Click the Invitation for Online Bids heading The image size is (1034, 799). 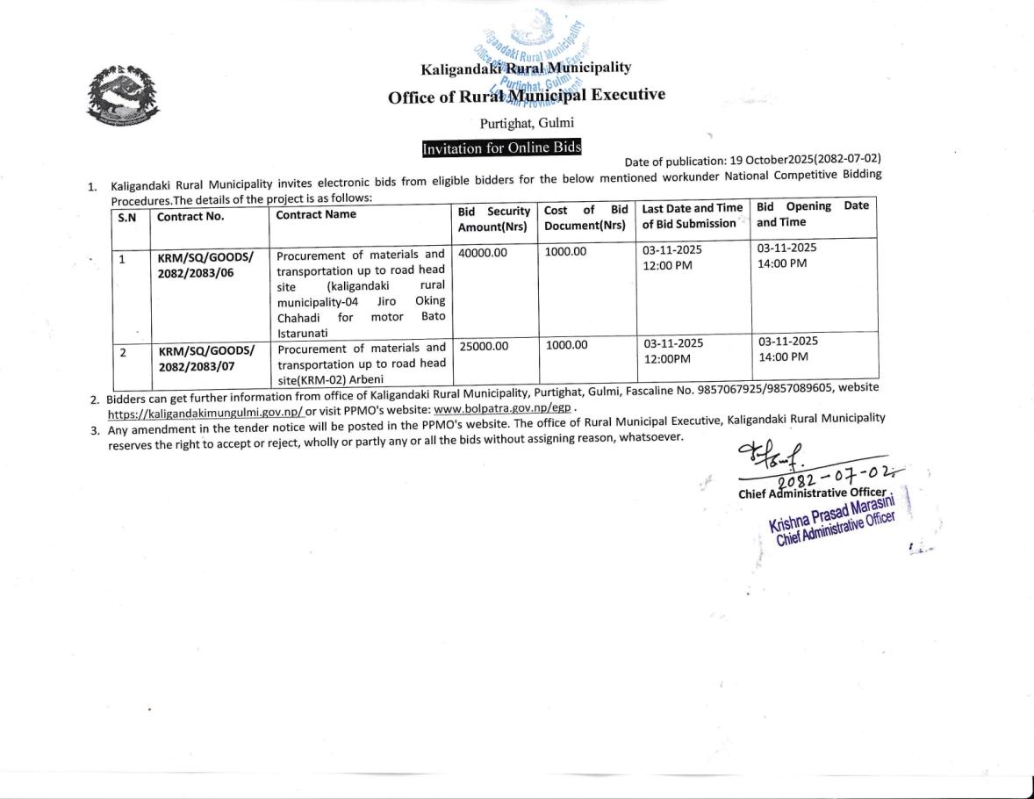tap(501, 148)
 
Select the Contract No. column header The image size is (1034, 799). tap(190, 215)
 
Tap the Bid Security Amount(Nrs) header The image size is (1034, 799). tap(494, 219)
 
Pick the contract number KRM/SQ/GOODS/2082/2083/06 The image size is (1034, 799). tap(205, 264)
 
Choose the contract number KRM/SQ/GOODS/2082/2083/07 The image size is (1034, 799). tap(206, 359)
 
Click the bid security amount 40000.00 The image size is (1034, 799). tap(483, 252)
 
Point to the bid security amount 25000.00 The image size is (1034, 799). tap(484, 346)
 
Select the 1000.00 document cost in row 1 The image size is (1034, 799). tap(565, 252)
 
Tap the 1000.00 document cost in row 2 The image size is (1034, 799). tap(566, 345)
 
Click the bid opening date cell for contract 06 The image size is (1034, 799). tap(786, 256)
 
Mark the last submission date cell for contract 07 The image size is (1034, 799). tap(673, 351)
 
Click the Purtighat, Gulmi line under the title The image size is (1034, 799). tap(527, 123)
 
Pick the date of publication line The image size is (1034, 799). tap(752, 160)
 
